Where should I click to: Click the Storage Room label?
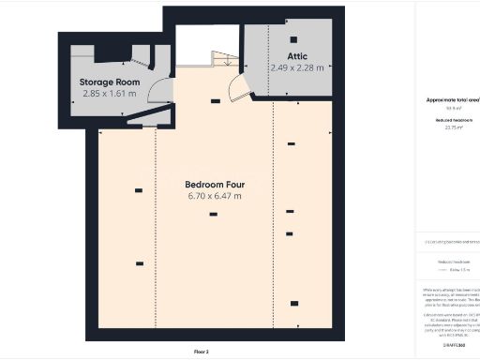click(109, 82)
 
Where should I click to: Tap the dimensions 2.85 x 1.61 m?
click(109, 95)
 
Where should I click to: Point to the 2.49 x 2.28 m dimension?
click(296, 67)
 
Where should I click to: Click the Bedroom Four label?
click(215, 184)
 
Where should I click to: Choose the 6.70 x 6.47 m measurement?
click(215, 196)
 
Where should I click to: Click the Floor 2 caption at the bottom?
click(202, 352)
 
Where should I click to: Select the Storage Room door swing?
click(161, 92)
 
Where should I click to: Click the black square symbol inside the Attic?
click(293, 39)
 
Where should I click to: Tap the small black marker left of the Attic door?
click(216, 100)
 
